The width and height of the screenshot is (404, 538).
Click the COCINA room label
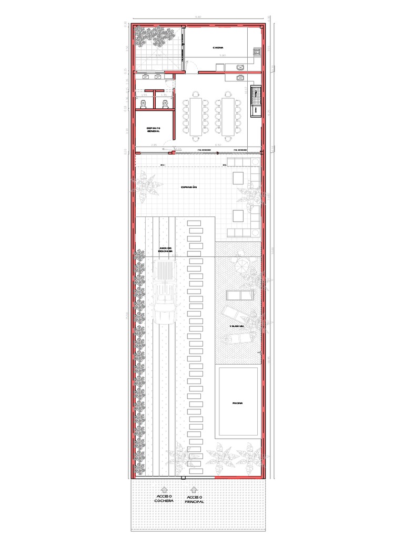click(219, 48)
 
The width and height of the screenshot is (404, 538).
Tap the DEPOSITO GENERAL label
click(154, 129)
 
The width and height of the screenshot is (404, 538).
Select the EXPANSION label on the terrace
click(189, 187)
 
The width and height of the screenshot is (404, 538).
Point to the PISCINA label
click(238, 403)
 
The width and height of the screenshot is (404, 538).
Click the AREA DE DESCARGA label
click(166, 250)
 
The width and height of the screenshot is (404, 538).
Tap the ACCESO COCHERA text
click(164, 498)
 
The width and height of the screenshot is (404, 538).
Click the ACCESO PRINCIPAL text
click(194, 500)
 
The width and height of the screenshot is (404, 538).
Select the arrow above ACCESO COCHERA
click(164, 489)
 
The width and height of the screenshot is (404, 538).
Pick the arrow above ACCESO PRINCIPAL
click(194, 489)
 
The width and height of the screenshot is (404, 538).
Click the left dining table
click(196, 116)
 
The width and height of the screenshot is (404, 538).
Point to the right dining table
click(229, 116)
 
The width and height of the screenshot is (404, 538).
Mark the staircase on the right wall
click(256, 101)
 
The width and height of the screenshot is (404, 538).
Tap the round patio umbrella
click(242, 263)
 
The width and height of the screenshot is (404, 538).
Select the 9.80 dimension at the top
click(198, 17)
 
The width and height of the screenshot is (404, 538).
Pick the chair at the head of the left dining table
click(196, 94)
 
